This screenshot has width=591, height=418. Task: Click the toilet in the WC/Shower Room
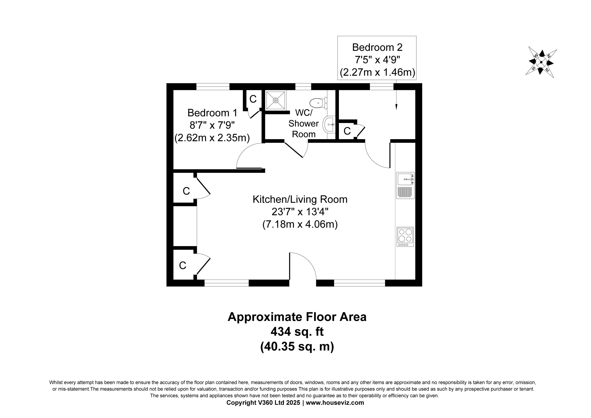coord(318,103)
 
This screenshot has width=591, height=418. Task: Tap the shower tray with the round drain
coord(276,100)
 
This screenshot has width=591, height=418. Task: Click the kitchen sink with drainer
coord(405,185)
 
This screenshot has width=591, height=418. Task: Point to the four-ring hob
coord(405,237)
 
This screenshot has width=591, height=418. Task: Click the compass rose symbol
coord(541,62)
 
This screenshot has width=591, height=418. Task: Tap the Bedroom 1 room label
coord(212,113)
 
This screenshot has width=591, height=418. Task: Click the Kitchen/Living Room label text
coord(300,199)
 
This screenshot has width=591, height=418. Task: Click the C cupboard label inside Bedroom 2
coord(347,131)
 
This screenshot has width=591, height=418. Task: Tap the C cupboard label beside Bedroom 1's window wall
coord(253,99)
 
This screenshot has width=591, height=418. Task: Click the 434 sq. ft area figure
coord(297,332)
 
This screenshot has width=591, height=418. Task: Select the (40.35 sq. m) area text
coord(297,347)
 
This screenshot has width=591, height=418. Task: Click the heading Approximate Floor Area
coord(297,317)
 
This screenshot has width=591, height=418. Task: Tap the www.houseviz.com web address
coord(335,403)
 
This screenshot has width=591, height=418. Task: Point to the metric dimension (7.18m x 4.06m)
coord(300,224)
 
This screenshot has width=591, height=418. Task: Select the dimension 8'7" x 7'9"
coord(212,125)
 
